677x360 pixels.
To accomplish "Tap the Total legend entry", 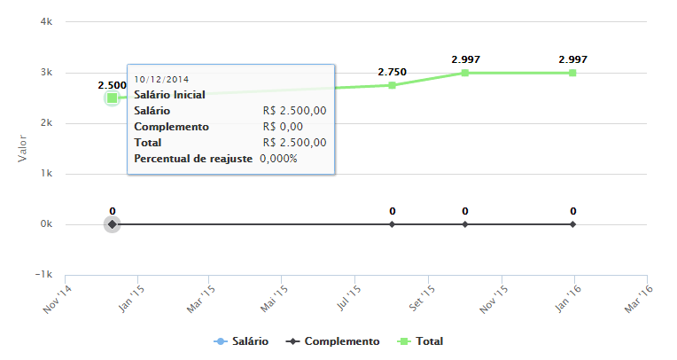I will click(x=423, y=341).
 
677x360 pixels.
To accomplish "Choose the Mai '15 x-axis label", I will click(x=273, y=298).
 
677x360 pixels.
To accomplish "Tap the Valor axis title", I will click(x=23, y=148).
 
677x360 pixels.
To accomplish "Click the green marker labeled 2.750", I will click(x=392, y=85).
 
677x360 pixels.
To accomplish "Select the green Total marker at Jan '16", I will click(x=573, y=73).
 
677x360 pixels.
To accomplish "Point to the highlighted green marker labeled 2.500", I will click(x=113, y=98).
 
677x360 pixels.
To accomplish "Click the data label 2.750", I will click(x=392, y=72).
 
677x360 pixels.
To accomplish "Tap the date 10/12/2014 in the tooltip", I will click(x=161, y=79).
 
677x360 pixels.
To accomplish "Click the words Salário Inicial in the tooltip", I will click(x=169, y=95).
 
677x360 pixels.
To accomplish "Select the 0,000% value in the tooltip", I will click(x=278, y=159).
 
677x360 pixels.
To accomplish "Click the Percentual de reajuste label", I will click(x=193, y=159).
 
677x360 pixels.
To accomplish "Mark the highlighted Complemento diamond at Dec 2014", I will click(x=113, y=224).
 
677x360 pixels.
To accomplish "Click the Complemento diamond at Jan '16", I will click(x=573, y=224).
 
